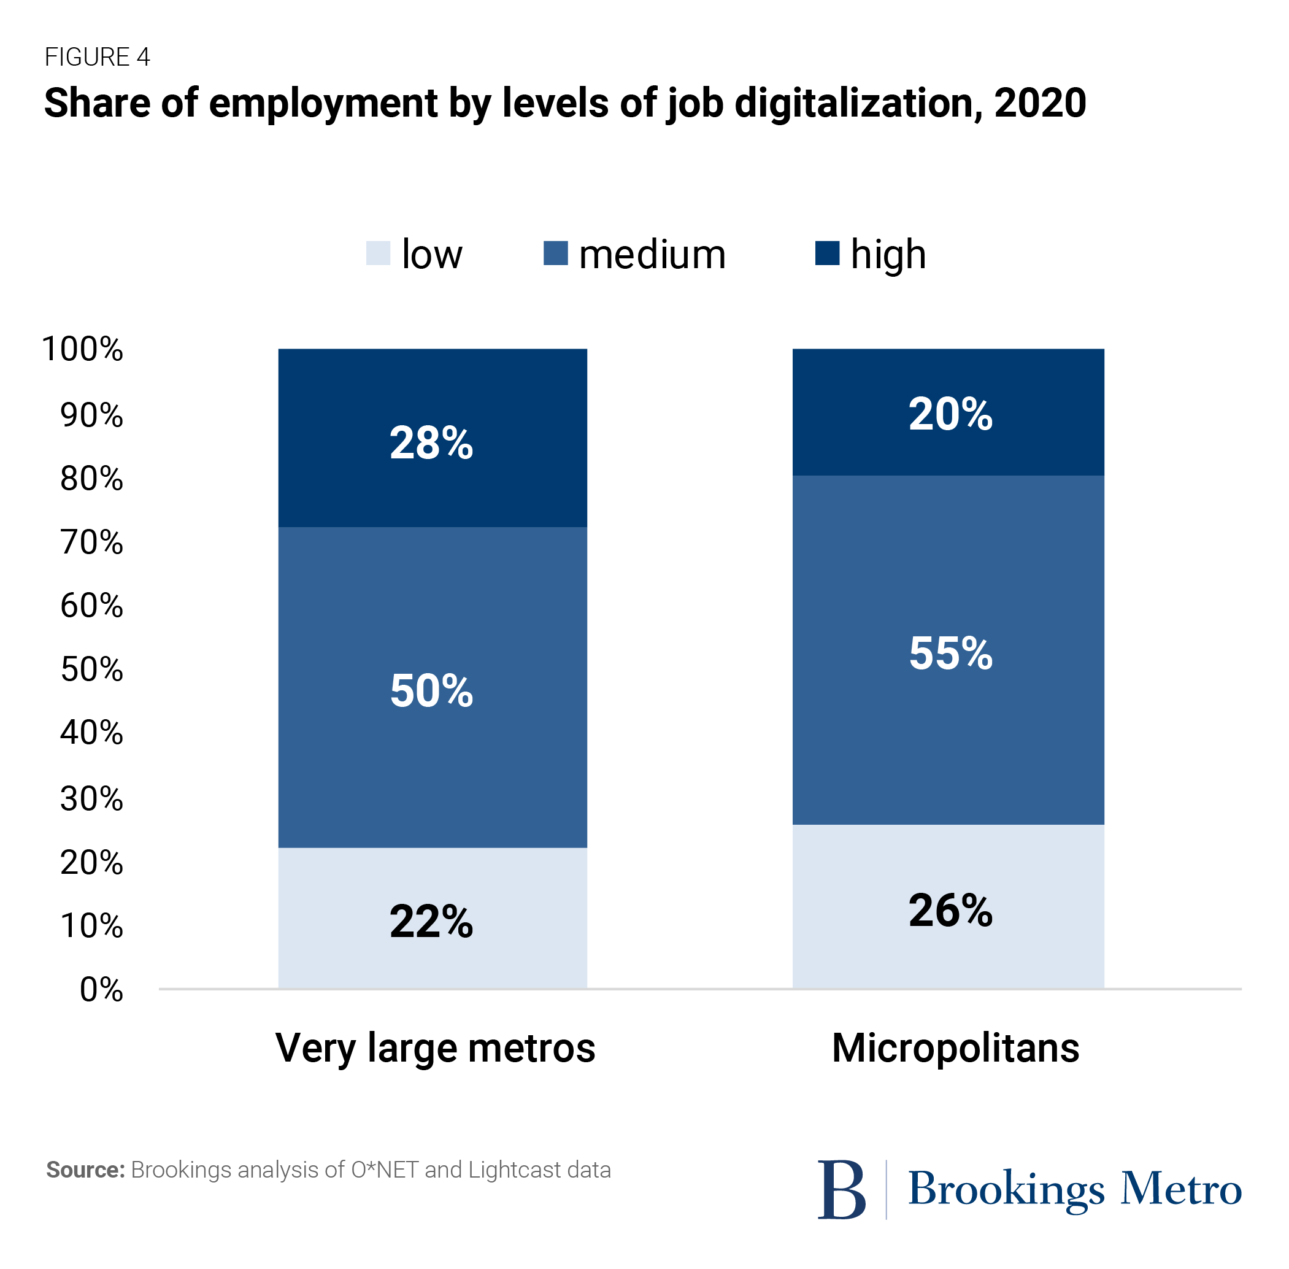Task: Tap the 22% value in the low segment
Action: [431, 921]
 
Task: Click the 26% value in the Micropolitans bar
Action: [950, 911]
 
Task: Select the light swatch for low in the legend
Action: [378, 253]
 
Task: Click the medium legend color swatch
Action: [555, 253]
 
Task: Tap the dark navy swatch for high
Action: [827, 253]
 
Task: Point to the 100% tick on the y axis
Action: [83, 349]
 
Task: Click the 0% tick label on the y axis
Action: [101, 990]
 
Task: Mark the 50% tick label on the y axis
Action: [92, 669]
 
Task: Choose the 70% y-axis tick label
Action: [92, 542]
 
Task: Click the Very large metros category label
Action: [435, 1048]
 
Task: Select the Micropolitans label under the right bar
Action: [955, 1047]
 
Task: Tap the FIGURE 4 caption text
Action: [98, 57]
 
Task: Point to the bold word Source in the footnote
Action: [85, 1170]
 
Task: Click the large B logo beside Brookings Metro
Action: [841, 1190]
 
